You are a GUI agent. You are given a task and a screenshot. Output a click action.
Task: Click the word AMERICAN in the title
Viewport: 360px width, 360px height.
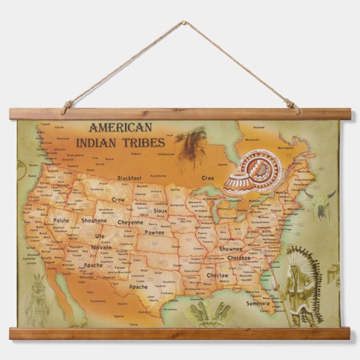coord(120,128)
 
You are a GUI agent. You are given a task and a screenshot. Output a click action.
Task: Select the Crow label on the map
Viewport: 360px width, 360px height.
coord(118,200)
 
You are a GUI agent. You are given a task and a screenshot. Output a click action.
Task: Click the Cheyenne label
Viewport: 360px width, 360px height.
coord(130,222)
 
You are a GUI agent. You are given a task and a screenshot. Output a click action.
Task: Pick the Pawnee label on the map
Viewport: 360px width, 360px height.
coord(154,232)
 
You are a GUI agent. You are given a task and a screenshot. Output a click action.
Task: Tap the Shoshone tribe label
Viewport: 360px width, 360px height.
coord(94,221)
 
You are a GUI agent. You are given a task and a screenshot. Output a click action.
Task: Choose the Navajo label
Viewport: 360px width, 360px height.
coord(101,247)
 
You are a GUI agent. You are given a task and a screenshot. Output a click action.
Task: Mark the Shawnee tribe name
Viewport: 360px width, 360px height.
coord(231,249)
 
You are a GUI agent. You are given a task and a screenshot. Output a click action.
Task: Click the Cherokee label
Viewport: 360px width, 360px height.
coord(239,258)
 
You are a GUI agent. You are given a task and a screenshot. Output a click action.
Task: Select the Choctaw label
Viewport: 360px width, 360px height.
coord(217,276)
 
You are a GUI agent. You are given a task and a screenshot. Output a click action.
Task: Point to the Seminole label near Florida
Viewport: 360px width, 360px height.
coord(258,304)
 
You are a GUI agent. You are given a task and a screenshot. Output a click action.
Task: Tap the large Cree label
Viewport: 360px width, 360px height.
coord(207,177)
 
